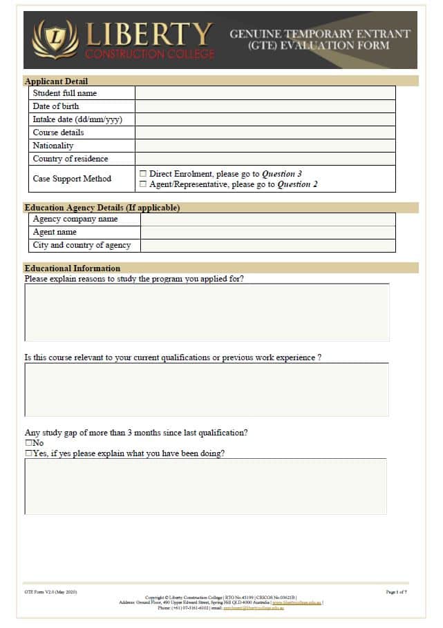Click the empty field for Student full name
pyautogui.click(x=265, y=93)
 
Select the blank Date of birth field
pyautogui.click(x=265, y=106)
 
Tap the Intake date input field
pyautogui.click(x=265, y=119)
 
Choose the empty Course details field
pyautogui.click(x=265, y=133)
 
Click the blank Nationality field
pyautogui.click(x=265, y=146)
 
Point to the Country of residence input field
pyautogui.click(x=265, y=159)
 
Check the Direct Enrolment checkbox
pyautogui.click(x=143, y=174)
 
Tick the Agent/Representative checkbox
pyautogui.click(x=143, y=184)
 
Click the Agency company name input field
pyautogui.click(x=267, y=219)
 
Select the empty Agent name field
pyautogui.click(x=267, y=233)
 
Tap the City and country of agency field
pyautogui.click(x=267, y=246)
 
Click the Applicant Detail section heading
pyautogui.click(x=56, y=81)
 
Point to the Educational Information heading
pyautogui.click(x=72, y=268)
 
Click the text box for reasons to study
pyautogui.click(x=207, y=312)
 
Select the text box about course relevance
pyautogui.click(x=207, y=390)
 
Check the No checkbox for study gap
pyautogui.click(x=28, y=443)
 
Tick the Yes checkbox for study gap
pyautogui.click(x=28, y=453)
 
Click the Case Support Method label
pyautogui.click(x=72, y=179)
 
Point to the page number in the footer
pyautogui.click(x=396, y=592)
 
